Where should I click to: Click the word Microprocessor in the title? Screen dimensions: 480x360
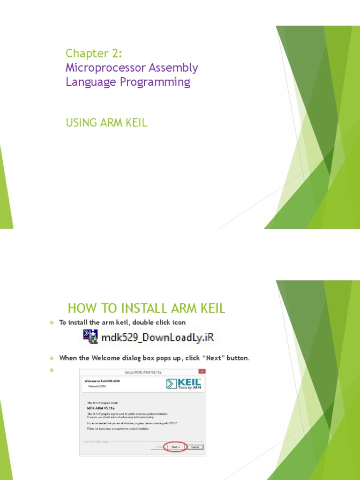click(x=105, y=67)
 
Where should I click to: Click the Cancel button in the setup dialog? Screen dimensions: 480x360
click(x=195, y=447)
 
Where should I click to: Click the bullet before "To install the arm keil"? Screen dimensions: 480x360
click(x=52, y=322)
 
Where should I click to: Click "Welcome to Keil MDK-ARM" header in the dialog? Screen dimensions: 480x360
click(x=101, y=381)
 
